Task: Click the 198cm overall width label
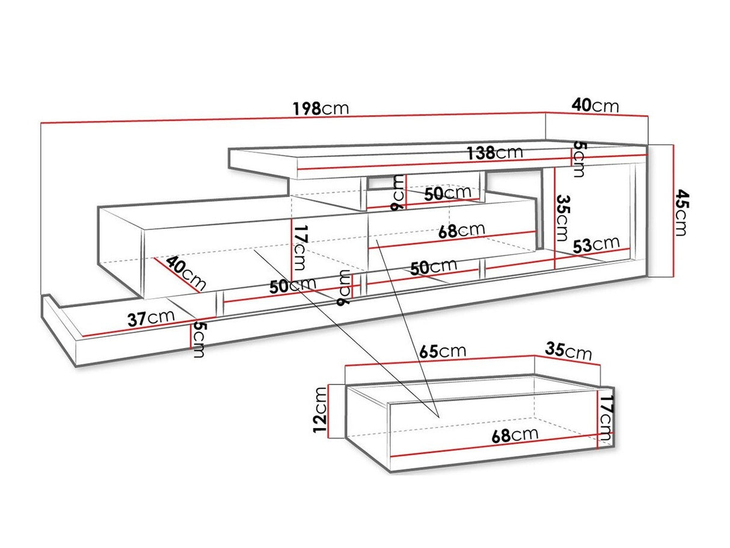[321, 108]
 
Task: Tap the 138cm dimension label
[494, 152]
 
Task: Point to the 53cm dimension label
[597, 244]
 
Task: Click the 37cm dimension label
[151, 319]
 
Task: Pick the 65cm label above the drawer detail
[443, 352]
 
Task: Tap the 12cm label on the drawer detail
[321, 410]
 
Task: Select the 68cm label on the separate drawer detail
[515, 435]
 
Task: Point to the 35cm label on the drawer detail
[568, 352]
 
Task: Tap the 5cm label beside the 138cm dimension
[578, 159]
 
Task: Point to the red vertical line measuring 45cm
[673, 211]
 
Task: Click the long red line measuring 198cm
[293, 117]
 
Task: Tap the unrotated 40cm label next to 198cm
[595, 106]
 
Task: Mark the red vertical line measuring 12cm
[328, 411]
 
